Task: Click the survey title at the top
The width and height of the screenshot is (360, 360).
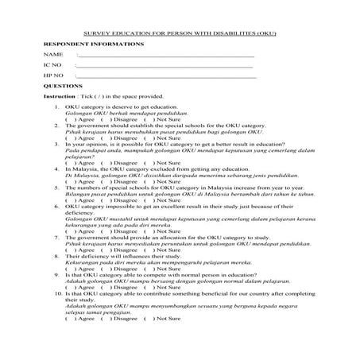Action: click(180, 35)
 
